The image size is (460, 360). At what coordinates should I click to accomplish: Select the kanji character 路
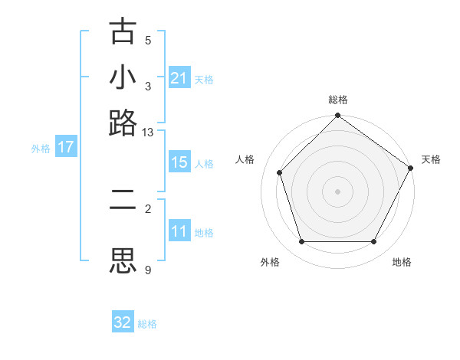click(x=123, y=123)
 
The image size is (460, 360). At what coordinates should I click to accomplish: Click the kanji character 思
click(x=123, y=260)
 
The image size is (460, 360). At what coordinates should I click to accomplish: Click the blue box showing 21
click(x=179, y=78)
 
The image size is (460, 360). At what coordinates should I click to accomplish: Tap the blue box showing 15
click(x=179, y=163)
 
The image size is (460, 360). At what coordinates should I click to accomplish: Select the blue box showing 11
click(x=179, y=231)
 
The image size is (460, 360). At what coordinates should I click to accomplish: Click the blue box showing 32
click(x=123, y=322)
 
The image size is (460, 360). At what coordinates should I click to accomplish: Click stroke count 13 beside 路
click(x=148, y=133)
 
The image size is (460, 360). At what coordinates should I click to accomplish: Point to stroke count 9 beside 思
click(x=148, y=269)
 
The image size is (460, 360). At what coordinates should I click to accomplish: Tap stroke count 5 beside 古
click(x=148, y=41)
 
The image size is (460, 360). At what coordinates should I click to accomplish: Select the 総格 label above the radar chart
click(x=338, y=100)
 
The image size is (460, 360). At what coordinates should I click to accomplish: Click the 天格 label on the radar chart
click(x=431, y=159)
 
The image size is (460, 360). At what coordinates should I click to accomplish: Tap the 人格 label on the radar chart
click(x=245, y=159)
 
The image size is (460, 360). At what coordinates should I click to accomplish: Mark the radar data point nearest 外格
click(x=301, y=242)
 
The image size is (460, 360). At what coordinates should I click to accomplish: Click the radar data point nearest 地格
click(x=374, y=242)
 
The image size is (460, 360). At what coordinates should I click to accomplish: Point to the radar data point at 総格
click(x=338, y=116)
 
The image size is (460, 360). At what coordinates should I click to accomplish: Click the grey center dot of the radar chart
click(x=338, y=191)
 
